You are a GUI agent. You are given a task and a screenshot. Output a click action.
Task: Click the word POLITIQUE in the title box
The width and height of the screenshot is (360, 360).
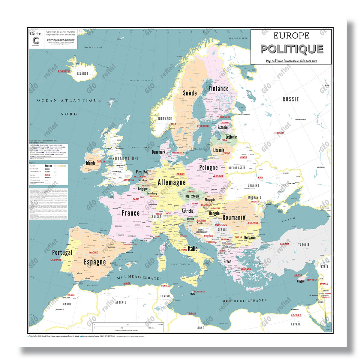292,49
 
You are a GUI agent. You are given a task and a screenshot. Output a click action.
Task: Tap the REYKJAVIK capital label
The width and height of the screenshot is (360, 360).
64,71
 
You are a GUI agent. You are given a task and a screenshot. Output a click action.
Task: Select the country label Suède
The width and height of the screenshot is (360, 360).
190,93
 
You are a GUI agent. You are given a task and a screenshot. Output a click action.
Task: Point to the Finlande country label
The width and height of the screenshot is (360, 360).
218,88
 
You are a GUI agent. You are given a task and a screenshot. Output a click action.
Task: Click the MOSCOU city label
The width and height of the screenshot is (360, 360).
279,133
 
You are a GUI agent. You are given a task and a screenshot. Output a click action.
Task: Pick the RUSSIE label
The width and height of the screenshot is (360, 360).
291,99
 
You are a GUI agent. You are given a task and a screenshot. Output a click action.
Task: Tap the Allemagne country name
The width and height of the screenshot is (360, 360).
172,182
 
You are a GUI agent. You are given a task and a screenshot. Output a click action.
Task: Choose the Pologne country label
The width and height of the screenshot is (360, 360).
208,167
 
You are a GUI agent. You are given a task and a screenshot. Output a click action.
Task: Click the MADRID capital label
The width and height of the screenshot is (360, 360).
94,253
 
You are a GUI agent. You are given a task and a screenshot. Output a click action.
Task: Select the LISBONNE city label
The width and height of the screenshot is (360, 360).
56,260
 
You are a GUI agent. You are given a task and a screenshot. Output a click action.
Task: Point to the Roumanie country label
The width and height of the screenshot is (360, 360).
234,217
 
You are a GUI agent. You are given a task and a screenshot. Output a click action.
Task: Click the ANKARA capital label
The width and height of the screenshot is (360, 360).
284,244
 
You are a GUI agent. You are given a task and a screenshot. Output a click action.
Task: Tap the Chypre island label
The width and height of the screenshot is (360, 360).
301,281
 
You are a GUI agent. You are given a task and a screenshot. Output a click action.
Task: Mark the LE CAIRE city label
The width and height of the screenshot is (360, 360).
296,315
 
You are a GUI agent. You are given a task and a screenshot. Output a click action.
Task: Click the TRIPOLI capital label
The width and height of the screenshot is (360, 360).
191,313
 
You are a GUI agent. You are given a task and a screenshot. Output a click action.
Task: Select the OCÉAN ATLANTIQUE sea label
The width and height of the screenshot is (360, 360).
69,100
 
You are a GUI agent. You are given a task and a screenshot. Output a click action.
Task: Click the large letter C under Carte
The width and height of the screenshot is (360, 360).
36,41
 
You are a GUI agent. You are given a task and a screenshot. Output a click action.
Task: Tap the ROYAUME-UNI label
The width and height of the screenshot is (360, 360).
125,158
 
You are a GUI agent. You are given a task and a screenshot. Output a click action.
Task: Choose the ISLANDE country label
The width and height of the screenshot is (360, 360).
82,73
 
